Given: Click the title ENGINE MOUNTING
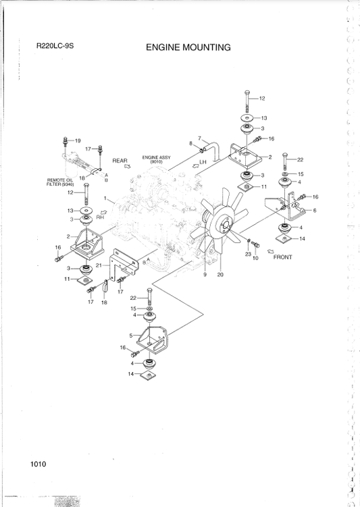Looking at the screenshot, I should click(188, 48).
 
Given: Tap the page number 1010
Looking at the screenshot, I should click(38, 463).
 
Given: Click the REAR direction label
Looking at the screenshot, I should click(120, 161).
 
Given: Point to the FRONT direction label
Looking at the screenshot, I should click(282, 257).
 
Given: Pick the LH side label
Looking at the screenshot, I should click(203, 162).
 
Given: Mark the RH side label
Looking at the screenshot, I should click(101, 218).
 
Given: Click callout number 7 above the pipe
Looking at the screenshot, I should click(199, 138).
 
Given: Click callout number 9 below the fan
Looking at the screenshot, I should click(205, 274).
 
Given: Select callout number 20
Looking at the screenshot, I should click(220, 274).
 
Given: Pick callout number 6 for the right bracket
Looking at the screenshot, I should click(315, 211).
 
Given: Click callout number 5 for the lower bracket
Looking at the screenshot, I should click(132, 334).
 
